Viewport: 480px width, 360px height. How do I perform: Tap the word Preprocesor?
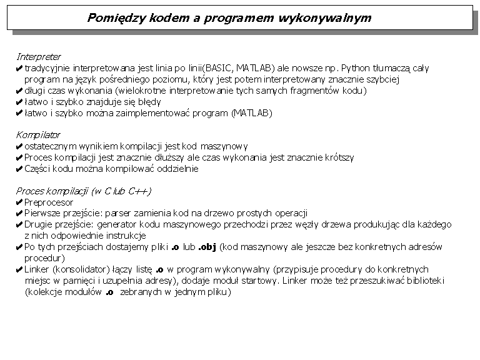coord(49,202)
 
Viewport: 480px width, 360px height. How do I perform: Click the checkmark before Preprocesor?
coord(19,202)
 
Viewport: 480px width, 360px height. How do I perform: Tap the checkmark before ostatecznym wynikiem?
coord(19,146)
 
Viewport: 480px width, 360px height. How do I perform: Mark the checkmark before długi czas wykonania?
coord(19,91)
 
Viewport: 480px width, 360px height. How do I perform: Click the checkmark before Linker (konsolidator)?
coord(19,270)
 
